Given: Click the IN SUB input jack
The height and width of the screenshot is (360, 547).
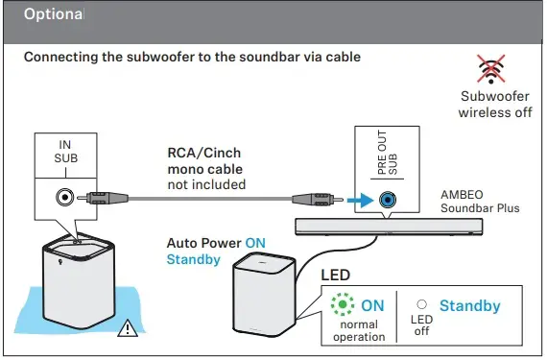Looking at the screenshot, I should [x=64, y=200].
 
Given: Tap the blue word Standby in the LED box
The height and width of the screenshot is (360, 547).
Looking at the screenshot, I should [x=469, y=305].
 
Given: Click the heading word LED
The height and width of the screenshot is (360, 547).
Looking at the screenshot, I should [x=338, y=276].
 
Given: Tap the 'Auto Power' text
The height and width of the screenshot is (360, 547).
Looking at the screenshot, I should [x=203, y=243].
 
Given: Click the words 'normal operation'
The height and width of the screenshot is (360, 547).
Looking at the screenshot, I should [x=358, y=330].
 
